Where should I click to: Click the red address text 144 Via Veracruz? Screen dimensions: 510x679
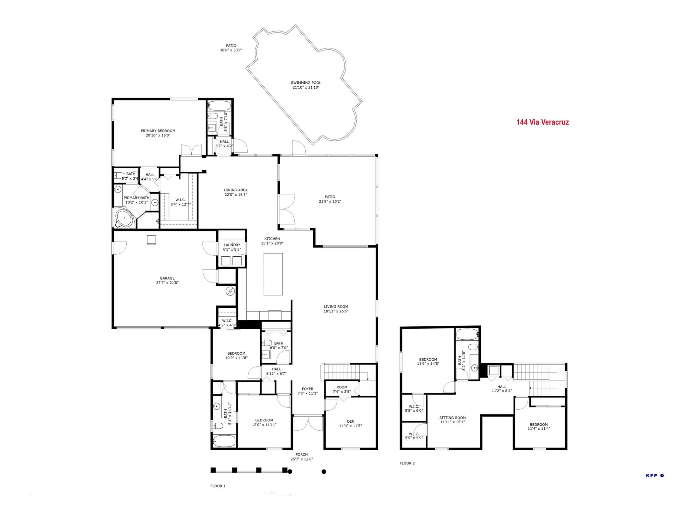tap(542, 122)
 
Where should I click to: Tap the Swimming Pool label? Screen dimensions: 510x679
tap(306, 83)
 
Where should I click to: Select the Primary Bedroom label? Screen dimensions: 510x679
tap(158, 131)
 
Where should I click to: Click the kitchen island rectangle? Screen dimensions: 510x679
tap(273, 274)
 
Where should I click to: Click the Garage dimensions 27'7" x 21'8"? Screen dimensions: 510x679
tap(167, 283)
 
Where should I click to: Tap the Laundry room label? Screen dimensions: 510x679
tap(232, 245)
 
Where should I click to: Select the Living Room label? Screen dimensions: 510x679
tap(336, 307)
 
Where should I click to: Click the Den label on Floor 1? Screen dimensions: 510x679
tap(350, 421)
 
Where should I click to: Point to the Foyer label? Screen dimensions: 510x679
tap(307, 389)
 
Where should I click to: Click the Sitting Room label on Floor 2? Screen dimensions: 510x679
tap(452, 418)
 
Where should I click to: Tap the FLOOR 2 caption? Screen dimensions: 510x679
tap(407, 463)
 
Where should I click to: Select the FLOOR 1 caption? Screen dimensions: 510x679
tap(218, 486)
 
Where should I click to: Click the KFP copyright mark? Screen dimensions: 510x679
tap(655, 475)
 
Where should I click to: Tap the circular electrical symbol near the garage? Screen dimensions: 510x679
tap(230, 292)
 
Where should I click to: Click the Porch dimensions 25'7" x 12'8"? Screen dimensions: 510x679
tap(301, 459)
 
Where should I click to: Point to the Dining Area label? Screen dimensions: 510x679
tap(235, 190)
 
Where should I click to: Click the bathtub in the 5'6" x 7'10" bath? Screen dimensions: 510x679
tap(219, 106)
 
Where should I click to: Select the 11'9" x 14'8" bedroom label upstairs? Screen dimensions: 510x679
tap(428, 359)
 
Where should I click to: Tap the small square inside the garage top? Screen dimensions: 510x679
tap(151, 240)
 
